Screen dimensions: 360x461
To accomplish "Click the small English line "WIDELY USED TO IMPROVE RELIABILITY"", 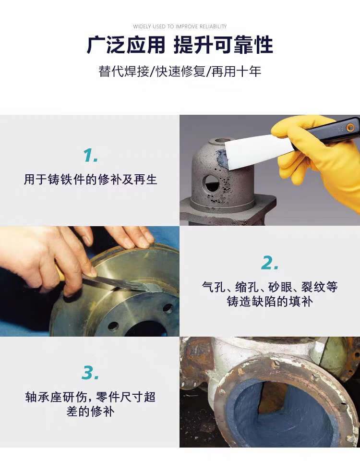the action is [180, 26].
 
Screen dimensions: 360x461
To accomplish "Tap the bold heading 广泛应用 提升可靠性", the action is [180, 45].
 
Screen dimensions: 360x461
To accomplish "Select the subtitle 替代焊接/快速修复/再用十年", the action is [180, 72].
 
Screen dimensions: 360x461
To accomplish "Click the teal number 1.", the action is [90, 155].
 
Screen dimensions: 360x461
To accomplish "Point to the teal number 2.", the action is [269, 263].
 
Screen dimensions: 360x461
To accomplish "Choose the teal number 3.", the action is [90, 373].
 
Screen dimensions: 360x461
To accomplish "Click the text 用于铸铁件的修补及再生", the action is [90, 180].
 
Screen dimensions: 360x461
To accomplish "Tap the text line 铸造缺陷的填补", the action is [269, 302].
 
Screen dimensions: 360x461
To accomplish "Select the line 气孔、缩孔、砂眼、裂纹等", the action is [269, 287].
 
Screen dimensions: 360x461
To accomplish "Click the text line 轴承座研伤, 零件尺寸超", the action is [90, 397].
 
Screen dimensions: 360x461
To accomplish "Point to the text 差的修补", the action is [90, 412].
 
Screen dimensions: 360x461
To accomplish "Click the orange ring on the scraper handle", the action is [350, 127].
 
